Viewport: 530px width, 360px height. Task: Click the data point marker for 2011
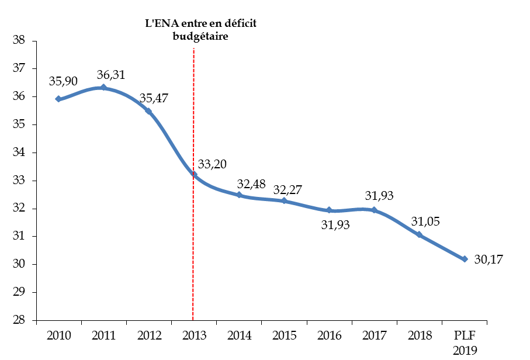pyautogui.click(x=103, y=88)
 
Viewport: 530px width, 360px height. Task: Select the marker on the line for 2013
pyautogui.click(x=194, y=175)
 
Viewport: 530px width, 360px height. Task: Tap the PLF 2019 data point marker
pyautogui.click(x=465, y=259)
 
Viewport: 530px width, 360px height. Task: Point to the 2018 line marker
pyautogui.click(x=420, y=234)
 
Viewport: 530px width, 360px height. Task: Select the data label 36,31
pyautogui.click(x=111, y=75)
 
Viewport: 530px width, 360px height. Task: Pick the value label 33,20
pyautogui.click(x=213, y=164)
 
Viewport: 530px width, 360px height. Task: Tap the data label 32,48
pyautogui.click(x=251, y=184)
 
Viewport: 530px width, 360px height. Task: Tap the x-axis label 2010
pyautogui.click(x=58, y=335)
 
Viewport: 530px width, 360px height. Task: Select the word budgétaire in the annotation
pyautogui.click(x=200, y=36)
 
